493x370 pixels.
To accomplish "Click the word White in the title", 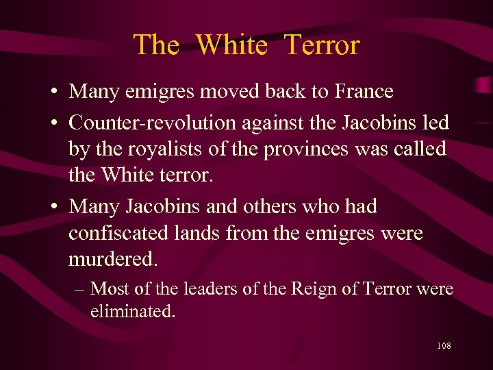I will [x=231, y=45].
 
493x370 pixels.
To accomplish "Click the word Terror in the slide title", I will [x=321, y=45].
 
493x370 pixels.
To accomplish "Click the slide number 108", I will [x=443, y=346].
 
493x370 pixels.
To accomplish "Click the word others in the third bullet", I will [x=268, y=206].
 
